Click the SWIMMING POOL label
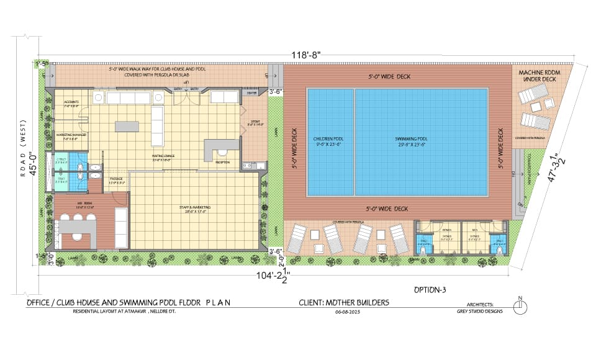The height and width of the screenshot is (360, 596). click(410, 142)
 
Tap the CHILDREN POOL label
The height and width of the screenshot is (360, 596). click(330, 142)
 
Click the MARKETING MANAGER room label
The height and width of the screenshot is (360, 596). click(70, 136)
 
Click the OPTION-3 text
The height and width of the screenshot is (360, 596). click(430, 290)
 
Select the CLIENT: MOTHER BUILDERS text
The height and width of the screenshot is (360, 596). click(344, 302)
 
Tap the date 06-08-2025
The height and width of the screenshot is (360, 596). click(348, 312)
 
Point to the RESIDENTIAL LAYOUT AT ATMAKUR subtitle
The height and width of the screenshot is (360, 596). click(124, 312)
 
